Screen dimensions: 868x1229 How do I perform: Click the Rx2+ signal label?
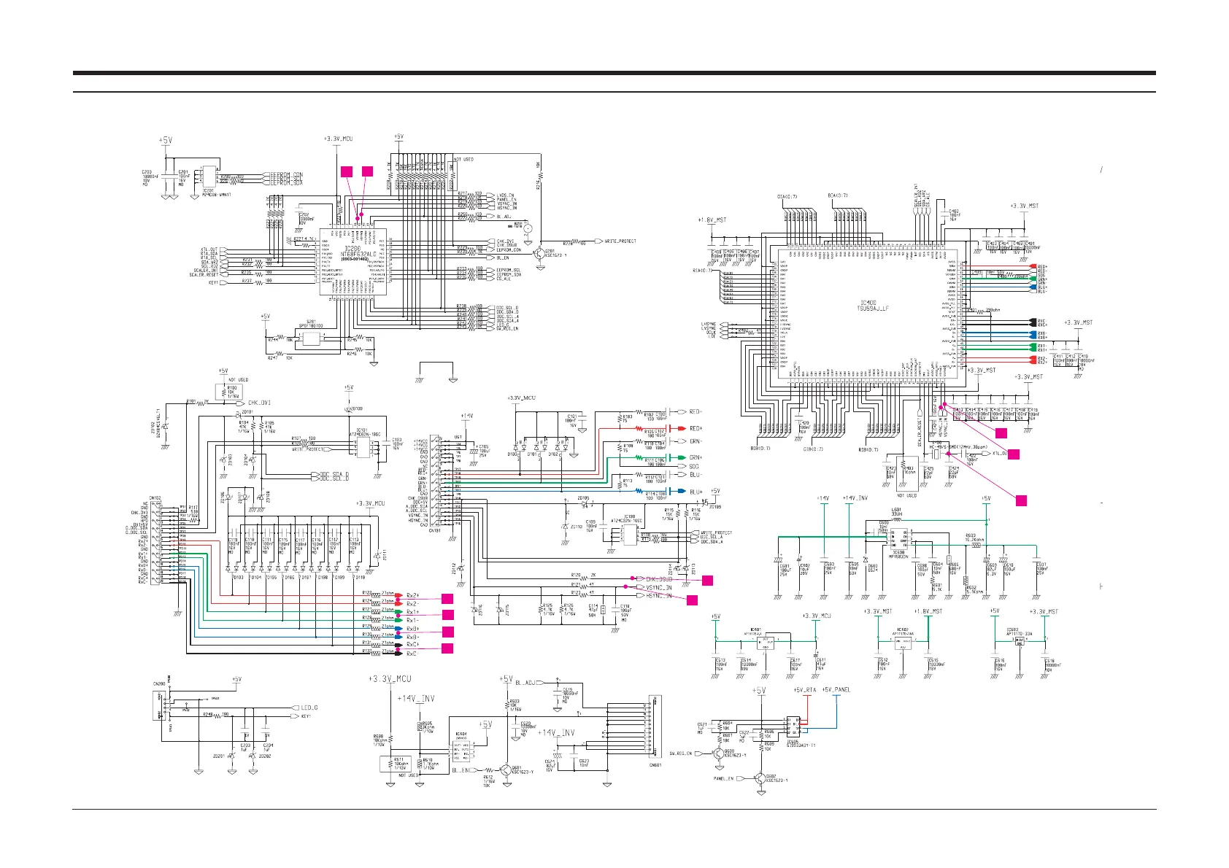[x=412, y=595]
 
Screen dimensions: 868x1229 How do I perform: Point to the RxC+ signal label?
[x=412, y=645]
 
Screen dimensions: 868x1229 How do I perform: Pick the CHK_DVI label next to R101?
[x=259, y=403]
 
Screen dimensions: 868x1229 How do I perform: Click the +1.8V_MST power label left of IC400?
[x=711, y=220]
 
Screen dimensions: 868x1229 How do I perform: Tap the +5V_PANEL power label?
[x=836, y=690]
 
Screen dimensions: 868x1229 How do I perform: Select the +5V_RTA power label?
[x=805, y=690]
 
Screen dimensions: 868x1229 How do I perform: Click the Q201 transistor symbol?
[x=540, y=254]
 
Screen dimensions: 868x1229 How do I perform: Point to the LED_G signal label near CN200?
[x=309, y=708]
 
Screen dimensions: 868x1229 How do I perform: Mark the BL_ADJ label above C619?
[x=525, y=683]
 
